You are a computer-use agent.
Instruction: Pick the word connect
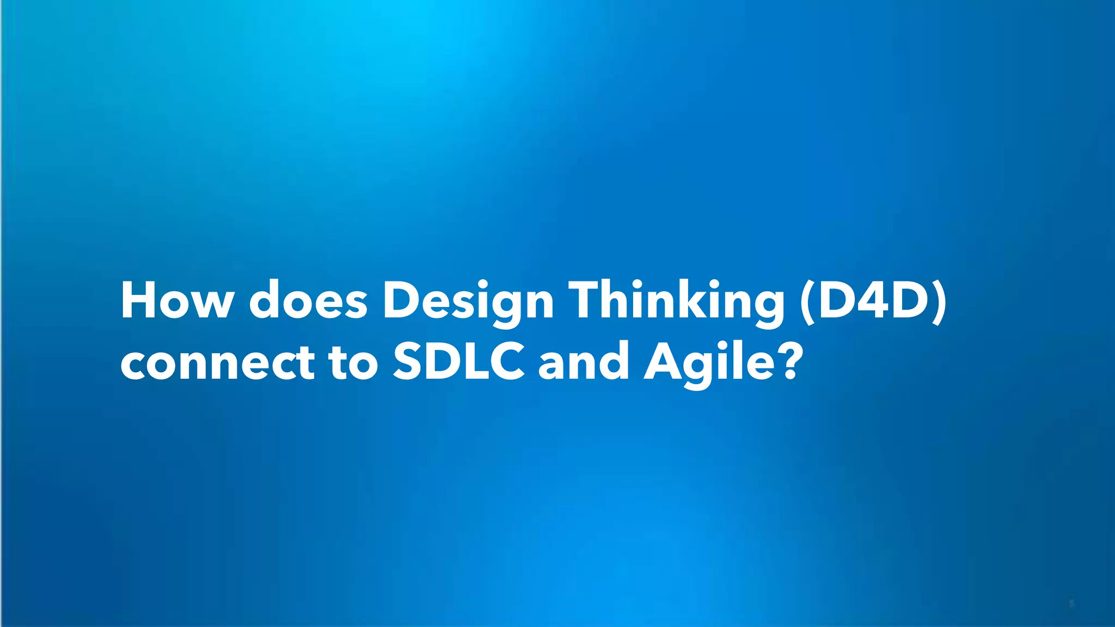pos(217,362)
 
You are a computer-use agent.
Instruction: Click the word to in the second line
pos(353,362)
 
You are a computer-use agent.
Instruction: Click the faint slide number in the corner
pos(1071,604)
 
